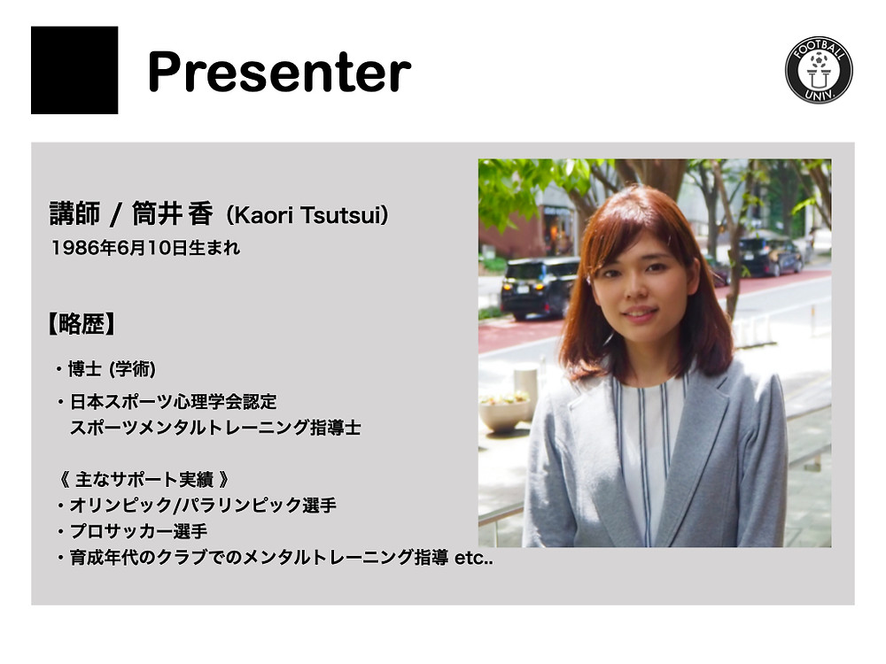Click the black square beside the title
coord(74,70)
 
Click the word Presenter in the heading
coord(279,72)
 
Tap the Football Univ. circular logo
coord(819,70)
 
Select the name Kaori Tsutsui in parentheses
coord(307,215)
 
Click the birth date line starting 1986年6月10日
coord(146,248)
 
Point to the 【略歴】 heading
coord(82,324)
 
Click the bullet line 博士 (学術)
coord(105,369)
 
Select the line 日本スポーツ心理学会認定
coord(167,402)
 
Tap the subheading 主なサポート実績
coord(144,479)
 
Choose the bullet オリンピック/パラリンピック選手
coord(197,505)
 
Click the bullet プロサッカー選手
coord(132,531)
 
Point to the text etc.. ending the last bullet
coord(473,558)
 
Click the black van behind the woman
coord(539,287)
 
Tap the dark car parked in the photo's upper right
coord(770,256)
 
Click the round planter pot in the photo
coord(505,413)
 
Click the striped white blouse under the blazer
coord(649,452)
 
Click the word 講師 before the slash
coord(74,214)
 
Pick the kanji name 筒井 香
coord(173,214)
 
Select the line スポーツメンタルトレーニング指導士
coord(215,428)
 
